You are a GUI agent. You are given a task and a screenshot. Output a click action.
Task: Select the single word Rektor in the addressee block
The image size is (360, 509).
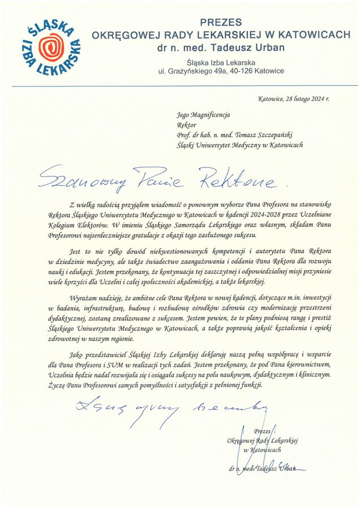186,124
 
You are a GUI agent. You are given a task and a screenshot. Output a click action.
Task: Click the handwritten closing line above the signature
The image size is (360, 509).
170,407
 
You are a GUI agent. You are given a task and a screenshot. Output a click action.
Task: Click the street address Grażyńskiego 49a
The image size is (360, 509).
194,71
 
